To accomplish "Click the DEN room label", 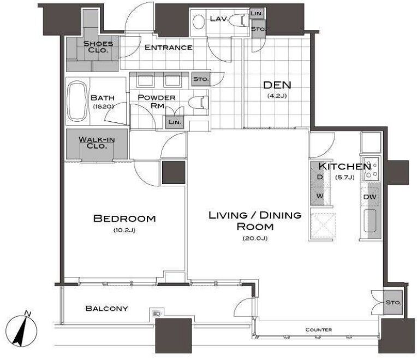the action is point(277,85).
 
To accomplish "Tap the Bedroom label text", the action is point(124,219).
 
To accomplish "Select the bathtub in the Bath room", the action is point(78,101).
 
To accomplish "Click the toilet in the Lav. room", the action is point(238,21).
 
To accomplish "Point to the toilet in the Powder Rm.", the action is point(199,103).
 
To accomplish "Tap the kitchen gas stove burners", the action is point(372,168).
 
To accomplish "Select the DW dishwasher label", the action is point(370,197).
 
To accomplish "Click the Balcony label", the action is point(106,309).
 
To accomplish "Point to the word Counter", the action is point(319,329).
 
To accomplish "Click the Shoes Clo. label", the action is point(98,47).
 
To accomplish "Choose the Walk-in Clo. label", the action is point(97,143).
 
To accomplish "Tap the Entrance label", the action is point(168,48).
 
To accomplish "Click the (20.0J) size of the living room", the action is point(255,238).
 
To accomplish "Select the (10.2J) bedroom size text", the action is point(124,230).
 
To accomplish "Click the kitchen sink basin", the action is point(370,221).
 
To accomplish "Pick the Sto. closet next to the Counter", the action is point(393,303).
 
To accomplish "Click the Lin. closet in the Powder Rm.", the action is point(175,122).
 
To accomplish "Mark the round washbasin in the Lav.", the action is point(198,21).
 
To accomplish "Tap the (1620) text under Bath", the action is point(104,107).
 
